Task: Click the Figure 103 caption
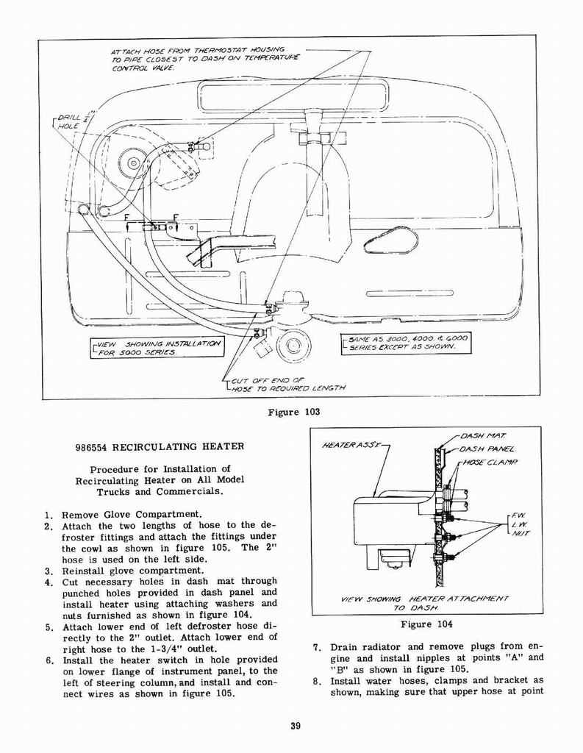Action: (293, 412)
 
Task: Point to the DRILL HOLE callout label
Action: (68, 121)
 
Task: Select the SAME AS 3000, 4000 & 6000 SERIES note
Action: (406, 342)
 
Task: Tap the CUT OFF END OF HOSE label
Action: (285, 384)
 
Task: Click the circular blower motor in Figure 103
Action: (135, 163)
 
